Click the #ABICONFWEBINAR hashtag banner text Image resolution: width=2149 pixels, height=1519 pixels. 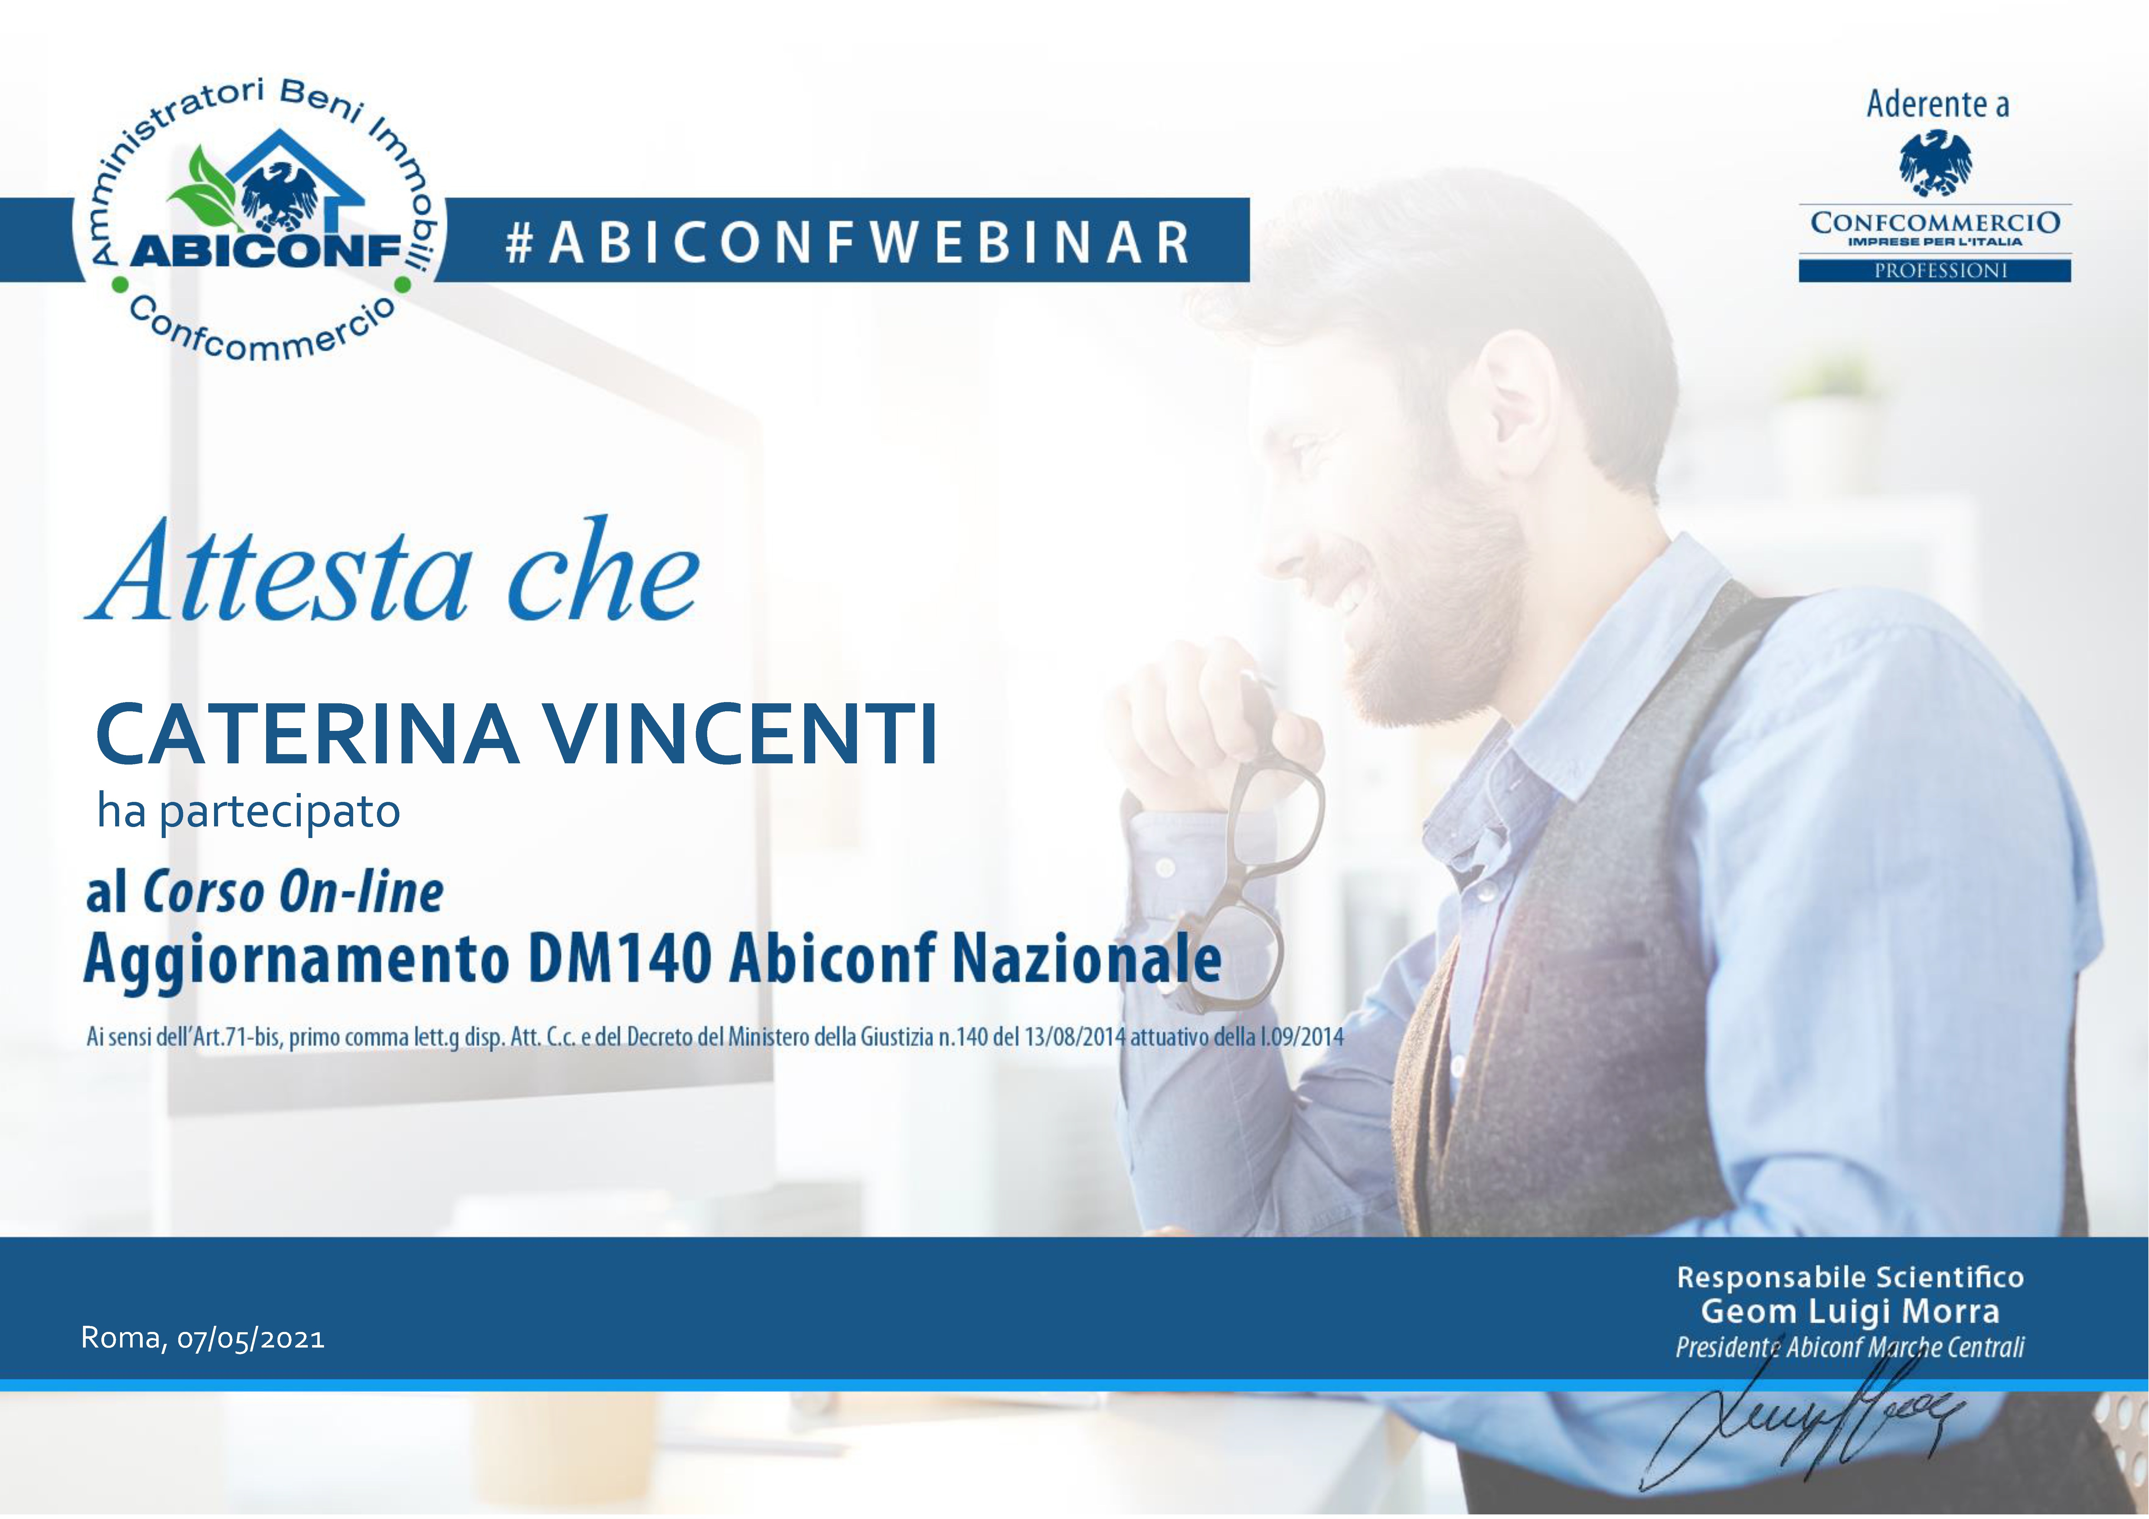pos(847,242)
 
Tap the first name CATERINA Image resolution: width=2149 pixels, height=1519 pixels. pos(307,735)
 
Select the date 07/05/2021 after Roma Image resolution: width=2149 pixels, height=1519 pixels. pos(251,1338)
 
